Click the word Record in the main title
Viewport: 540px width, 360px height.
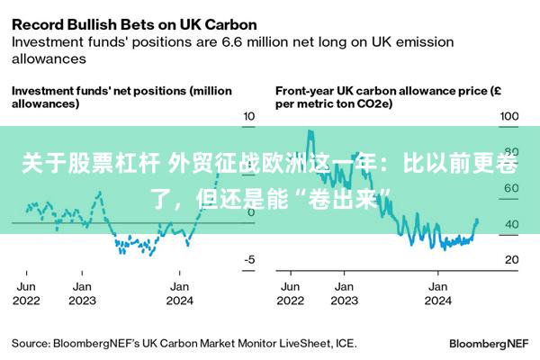click(x=39, y=24)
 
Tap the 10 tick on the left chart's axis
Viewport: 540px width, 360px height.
click(x=249, y=116)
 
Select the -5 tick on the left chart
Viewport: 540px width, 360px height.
click(x=249, y=259)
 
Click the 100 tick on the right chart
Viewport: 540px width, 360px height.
click(x=510, y=116)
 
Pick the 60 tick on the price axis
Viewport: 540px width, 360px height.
click(x=510, y=188)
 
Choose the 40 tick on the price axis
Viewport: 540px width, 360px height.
click(x=510, y=224)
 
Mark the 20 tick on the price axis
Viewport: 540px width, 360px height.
click(x=510, y=259)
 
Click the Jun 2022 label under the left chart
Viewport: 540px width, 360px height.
click(x=26, y=293)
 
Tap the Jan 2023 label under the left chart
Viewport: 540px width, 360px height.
click(x=82, y=293)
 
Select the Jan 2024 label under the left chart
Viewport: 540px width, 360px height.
click(x=179, y=293)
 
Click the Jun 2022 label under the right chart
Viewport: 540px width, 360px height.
click(x=290, y=293)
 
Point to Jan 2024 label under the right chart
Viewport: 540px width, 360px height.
click(x=437, y=293)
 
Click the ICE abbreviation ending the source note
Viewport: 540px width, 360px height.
click(x=345, y=343)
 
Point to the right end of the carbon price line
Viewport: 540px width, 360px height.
click(x=477, y=220)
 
